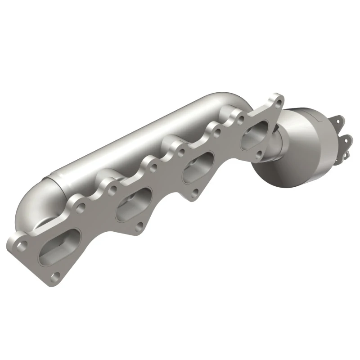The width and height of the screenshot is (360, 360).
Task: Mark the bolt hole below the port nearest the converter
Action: [258, 156]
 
